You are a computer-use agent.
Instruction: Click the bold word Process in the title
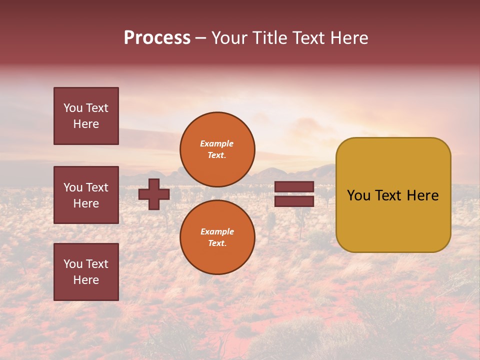pyautogui.click(x=157, y=38)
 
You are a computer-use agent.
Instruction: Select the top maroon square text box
pyautogui.click(x=86, y=116)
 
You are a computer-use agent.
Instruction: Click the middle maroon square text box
pyautogui.click(x=86, y=195)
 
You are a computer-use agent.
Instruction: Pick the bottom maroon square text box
pyautogui.click(x=86, y=272)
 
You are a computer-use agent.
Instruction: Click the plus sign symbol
pyautogui.click(x=154, y=194)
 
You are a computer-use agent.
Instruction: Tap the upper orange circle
pyautogui.click(x=217, y=149)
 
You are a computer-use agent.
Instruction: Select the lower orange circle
pyautogui.click(x=217, y=237)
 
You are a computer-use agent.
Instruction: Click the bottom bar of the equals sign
pyautogui.click(x=294, y=201)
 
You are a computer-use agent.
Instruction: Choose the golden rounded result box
pyautogui.click(x=393, y=220)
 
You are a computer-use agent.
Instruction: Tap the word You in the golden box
pyautogui.click(x=359, y=195)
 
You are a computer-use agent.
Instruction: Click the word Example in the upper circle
pyautogui.click(x=217, y=143)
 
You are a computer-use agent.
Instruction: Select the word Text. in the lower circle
pyautogui.click(x=217, y=243)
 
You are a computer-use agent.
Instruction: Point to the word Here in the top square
pyautogui.click(x=86, y=124)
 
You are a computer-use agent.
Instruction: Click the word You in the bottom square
pyautogui.click(x=73, y=264)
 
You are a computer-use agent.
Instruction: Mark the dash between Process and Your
pyautogui.click(x=200, y=38)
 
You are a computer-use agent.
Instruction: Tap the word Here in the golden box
pyautogui.click(x=423, y=195)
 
